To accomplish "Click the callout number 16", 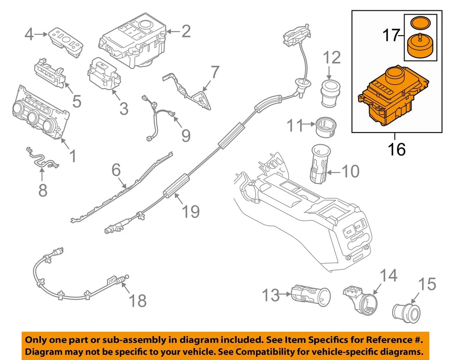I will (x=397, y=149).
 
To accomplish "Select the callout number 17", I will (x=391, y=35).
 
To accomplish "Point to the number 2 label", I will (x=186, y=31).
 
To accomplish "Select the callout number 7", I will (x=215, y=72).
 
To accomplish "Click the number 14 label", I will (x=388, y=276).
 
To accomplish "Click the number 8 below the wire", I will (x=42, y=190).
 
